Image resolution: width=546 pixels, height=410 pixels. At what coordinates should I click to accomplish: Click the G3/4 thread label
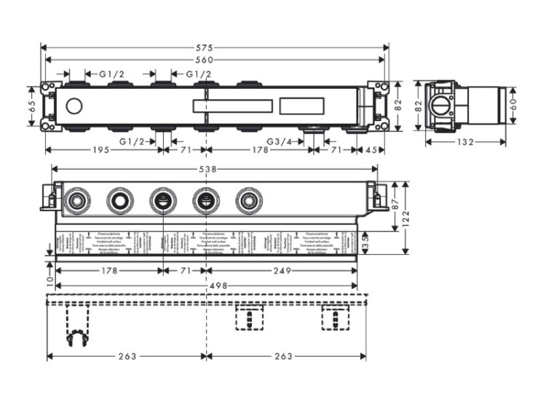click(x=280, y=141)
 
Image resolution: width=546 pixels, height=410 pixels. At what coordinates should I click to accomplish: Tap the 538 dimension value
click(x=209, y=169)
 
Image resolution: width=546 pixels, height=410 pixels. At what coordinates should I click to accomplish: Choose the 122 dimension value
click(x=406, y=217)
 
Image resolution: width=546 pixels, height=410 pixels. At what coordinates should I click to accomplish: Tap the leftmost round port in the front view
click(x=76, y=200)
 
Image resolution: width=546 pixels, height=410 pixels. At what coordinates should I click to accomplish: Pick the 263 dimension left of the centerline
click(x=127, y=356)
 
